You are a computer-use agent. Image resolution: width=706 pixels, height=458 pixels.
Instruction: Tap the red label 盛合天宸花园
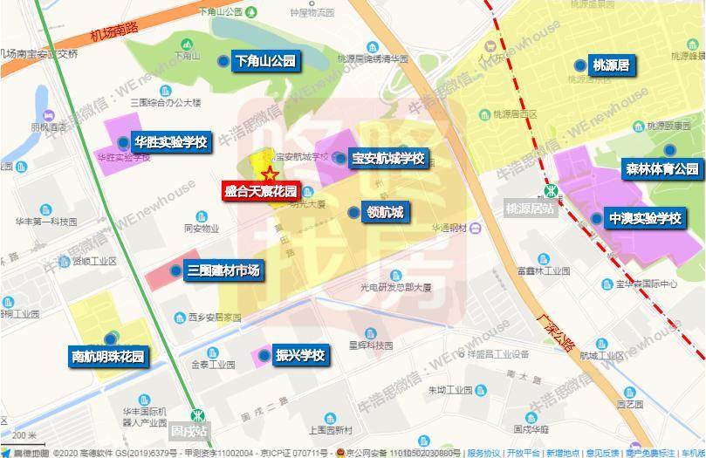click(261, 192)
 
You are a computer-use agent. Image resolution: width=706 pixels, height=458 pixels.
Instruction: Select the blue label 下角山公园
click(265, 61)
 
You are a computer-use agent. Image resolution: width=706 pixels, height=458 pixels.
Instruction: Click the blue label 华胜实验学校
click(170, 141)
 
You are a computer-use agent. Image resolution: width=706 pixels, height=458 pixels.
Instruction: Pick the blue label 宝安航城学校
click(387, 159)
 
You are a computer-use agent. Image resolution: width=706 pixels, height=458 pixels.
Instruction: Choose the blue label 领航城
click(385, 212)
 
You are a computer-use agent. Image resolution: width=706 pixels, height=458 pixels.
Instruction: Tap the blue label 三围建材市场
click(223, 270)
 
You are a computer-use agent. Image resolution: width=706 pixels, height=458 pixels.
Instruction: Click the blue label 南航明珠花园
click(107, 356)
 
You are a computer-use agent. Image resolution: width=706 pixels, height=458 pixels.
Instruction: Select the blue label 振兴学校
click(300, 355)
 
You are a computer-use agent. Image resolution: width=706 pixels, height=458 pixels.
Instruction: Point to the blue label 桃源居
click(611, 65)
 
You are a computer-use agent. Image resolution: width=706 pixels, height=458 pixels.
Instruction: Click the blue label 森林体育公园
click(661, 168)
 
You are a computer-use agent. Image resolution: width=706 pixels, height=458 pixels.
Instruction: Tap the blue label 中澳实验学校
click(646, 218)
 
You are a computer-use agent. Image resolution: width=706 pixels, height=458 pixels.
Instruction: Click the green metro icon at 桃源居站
click(551, 191)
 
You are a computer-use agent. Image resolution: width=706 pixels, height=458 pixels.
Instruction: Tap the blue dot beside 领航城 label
click(353, 212)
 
